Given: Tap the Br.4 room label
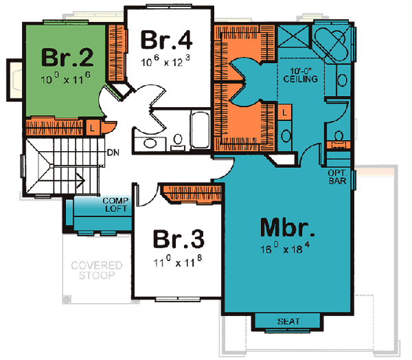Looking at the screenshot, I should coord(167,39).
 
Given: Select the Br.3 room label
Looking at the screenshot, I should coord(178,239).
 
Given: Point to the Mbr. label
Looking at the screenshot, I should coord(288,227).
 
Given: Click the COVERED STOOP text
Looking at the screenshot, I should coord(98,271).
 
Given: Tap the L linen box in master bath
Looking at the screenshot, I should coord(285,111).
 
